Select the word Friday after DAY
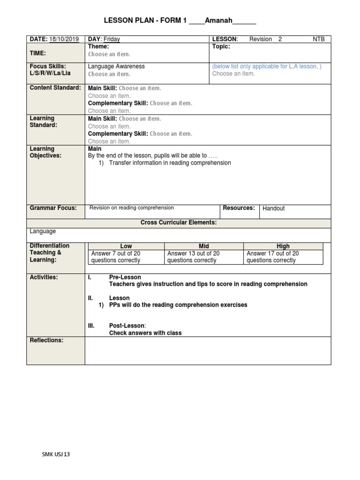click(112, 39)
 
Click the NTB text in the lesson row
click(319, 39)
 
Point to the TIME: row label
click(38, 54)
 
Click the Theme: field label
click(98, 47)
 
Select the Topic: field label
click(221, 47)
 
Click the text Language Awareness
click(116, 67)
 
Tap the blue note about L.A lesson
click(267, 67)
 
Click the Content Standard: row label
click(55, 88)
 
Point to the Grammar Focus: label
click(53, 208)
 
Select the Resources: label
click(239, 208)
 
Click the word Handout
click(274, 208)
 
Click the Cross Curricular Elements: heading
click(179, 223)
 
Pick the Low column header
click(126, 246)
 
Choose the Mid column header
click(204, 246)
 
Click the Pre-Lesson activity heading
click(125, 277)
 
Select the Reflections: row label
click(46, 340)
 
